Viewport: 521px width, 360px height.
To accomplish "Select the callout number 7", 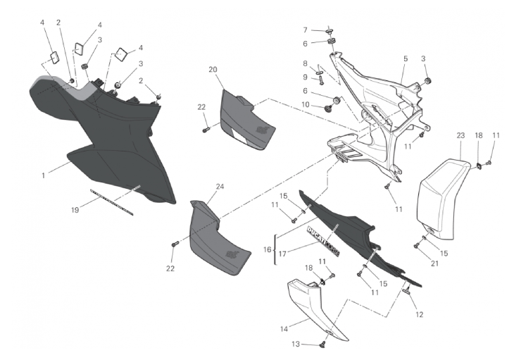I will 305,30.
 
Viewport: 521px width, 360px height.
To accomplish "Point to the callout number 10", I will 306,105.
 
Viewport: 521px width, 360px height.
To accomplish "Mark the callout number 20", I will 212,69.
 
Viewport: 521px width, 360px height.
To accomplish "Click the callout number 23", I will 460,135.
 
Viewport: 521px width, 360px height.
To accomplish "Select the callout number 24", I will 220,187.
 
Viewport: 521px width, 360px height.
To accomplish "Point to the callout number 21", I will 423,263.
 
